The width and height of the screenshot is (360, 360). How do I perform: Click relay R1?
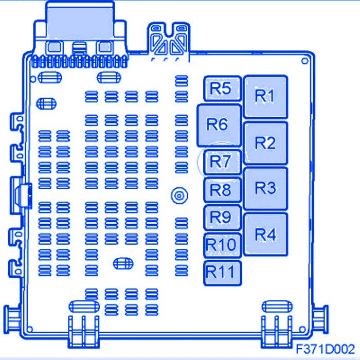click(265, 97)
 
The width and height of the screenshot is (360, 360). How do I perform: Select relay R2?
click(265, 143)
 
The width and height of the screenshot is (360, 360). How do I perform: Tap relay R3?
click(265, 188)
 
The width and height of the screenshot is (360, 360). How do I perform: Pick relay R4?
click(265, 235)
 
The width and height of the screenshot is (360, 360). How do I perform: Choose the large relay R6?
click(219, 124)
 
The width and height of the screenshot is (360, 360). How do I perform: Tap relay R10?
click(221, 244)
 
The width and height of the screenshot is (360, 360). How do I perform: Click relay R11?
click(221, 271)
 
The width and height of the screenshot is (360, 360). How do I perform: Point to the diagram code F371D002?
click(325, 348)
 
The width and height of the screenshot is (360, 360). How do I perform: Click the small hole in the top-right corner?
click(305, 62)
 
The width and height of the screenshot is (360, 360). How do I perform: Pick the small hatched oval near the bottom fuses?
click(121, 263)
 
